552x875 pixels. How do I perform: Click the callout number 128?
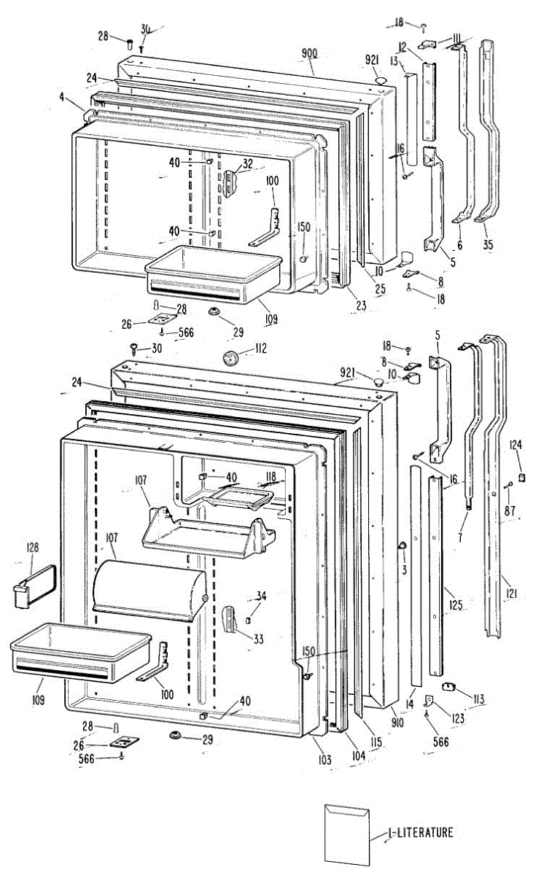coord(33,547)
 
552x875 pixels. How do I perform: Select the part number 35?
coord(487,245)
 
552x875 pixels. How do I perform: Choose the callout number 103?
coord(324,760)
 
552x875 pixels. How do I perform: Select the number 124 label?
coord(516,444)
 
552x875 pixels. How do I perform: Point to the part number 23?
coord(360,307)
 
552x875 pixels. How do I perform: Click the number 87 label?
coord(511,491)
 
